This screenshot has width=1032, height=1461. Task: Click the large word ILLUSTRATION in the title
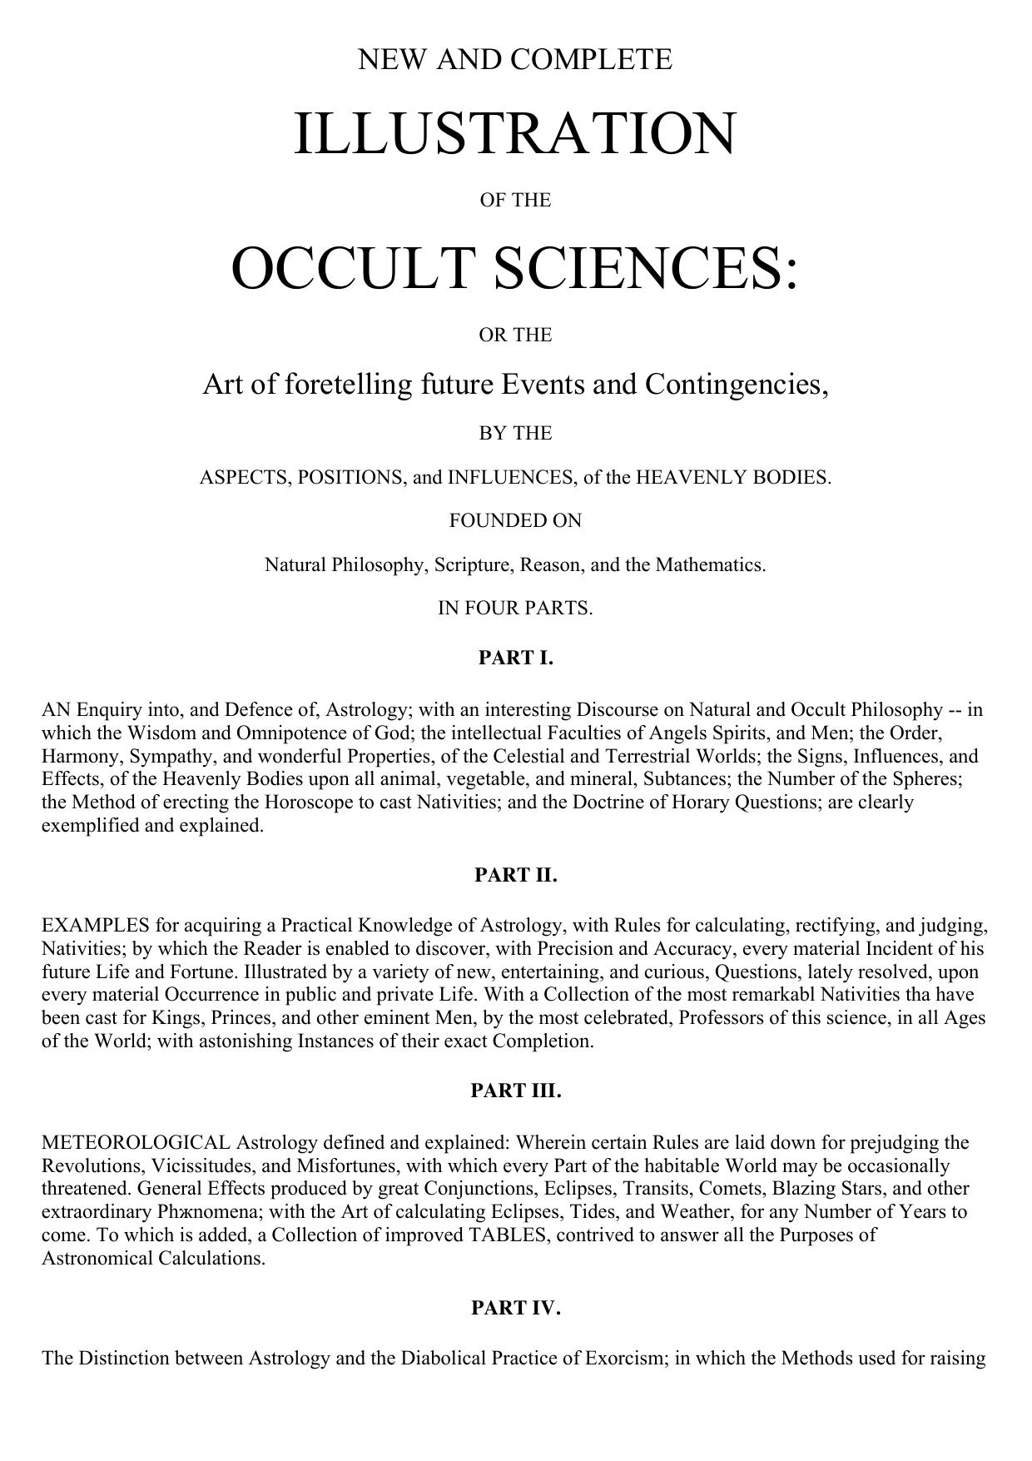click(515, 133)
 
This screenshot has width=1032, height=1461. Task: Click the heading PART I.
click(515, 658)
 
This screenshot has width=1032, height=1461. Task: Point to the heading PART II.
click(515, 875)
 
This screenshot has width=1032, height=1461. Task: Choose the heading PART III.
click(515, 1091)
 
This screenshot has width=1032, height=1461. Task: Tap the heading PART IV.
click(515, 1308)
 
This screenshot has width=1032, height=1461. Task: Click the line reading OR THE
click(515, 335)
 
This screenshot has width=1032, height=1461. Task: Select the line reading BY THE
click(515, 433)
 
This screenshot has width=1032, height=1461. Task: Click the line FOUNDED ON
click(515, 520)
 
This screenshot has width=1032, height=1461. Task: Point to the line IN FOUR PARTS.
click(515, 608)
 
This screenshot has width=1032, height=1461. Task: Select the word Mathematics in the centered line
click(710, 564)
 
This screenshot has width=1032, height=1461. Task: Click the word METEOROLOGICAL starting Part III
click(136, 1142)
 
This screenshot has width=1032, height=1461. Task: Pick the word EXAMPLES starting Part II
click(95, 926)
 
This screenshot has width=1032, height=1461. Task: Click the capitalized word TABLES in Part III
click(509, 1235)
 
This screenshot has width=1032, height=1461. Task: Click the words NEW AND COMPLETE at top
click(515, 60)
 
